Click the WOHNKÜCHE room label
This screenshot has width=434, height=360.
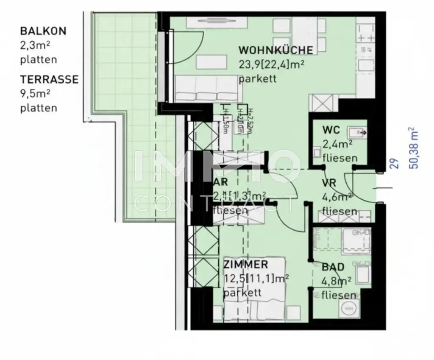tap(275, 50)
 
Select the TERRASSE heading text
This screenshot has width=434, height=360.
tap(49, 80)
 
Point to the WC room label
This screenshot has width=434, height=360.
tap(331, 130)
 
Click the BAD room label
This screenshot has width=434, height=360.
tap(333, 267)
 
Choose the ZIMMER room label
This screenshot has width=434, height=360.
tap(245, 265)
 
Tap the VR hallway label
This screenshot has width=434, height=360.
tap(329, 183)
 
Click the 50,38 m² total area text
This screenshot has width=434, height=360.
tap(413, 148)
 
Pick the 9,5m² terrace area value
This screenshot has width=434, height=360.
tap(36, 94)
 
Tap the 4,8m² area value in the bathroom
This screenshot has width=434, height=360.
tap(337, 281)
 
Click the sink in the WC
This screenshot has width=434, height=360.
tap(356, 133)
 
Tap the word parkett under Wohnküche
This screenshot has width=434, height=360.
tap(257, 79)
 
